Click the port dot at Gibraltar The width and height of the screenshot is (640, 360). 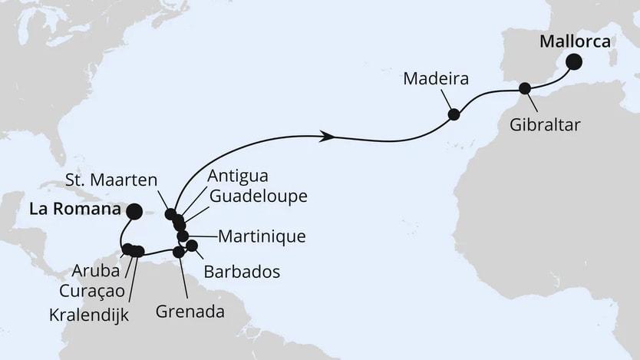pyautogui.click(x=525, y=88)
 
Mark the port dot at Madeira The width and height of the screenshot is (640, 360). pyautogui.click(x=454, y=114)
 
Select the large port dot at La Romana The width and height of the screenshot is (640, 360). pyautogui.click(x=134, y=211)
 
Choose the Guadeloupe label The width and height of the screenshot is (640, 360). pyautogui.click(x=259, y=197)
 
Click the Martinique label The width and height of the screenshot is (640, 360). pyautogui.click(x=262, y=236)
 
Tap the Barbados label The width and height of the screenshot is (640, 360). pyautogui.click(x=242, y=272)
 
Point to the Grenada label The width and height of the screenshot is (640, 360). pyautogui.click(x=190, y=312)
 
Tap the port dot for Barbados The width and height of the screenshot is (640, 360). pyautogui.click(x=192, y=246)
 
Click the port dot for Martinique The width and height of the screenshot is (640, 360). pyautogui.click(x=183, y=236)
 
